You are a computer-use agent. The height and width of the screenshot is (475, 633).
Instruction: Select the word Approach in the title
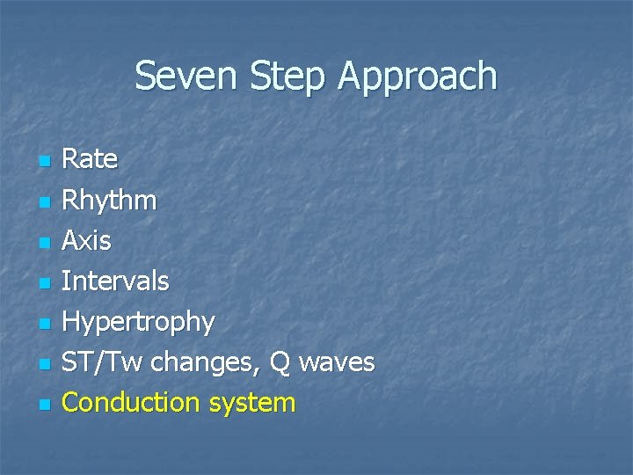click(418, 78)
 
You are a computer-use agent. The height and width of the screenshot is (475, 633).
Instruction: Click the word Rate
click(90, 159)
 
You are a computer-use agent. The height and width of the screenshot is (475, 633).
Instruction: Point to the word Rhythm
click(110, 201)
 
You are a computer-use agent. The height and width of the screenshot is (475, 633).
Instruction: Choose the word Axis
click(87, 240)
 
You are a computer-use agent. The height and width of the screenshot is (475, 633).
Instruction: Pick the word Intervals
click(116, 281)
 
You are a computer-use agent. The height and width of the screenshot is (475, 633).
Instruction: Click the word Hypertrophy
click(139, 323)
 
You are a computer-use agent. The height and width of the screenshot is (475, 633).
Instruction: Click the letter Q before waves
click(280, 362)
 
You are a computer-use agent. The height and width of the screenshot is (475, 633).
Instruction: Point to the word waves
click(338, 362)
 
